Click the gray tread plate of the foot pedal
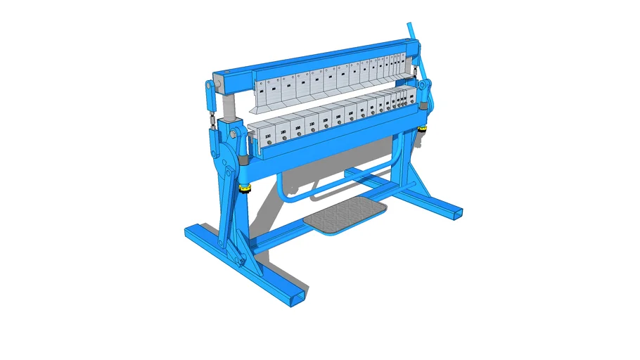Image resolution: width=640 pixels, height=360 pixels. point(347,215)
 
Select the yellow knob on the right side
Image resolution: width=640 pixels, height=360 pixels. point(422,129)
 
